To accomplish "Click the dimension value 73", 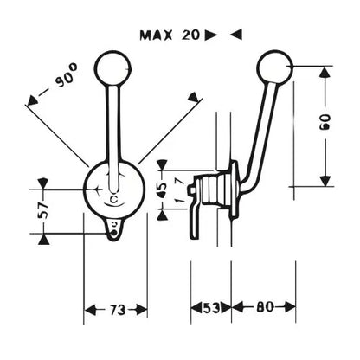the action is [x=118, y=310].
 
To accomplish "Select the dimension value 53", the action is [x=212, y=308].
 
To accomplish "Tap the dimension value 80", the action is [x=265, y=307].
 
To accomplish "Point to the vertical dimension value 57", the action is [x=43, y=209].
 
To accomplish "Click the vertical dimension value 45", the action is [x=162, y=190].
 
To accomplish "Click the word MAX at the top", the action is [x=156, y=35].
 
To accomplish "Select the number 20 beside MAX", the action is [x=190, y=35].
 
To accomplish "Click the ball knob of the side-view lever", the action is [x=275, y=67].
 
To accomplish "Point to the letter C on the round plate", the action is [x=114, y=199].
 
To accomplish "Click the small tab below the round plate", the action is [x=114, y=228].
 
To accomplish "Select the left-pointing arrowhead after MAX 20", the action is [x=236, y=35].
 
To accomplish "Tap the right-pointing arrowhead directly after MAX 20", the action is [x=211, y=35].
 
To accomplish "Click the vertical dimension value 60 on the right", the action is [x=325, y=122].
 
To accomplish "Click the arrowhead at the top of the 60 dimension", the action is [x=325, y=72].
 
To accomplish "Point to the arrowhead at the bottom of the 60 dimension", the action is [x=325, y=181].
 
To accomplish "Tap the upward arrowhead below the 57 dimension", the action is [x=43, y=239].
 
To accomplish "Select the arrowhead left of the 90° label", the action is [x=32, y=100].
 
